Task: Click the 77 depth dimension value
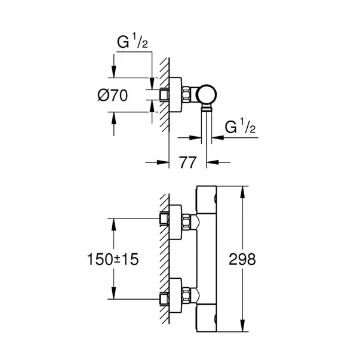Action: pyautogui.click(x=189, y=162)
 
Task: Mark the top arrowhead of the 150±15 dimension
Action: pyautogui.click(x=112, y=221)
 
